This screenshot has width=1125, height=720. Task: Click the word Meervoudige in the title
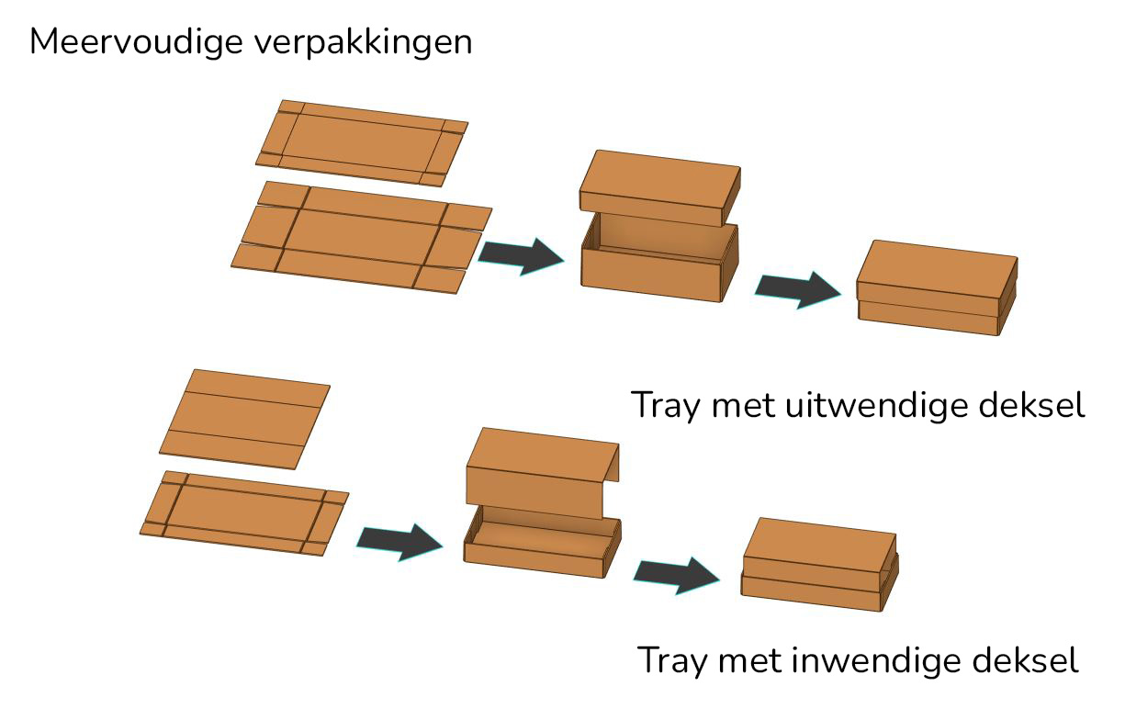(137, 42)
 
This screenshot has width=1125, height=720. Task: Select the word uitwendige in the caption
(876, 405)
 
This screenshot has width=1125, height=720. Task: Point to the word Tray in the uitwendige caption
(666, 406)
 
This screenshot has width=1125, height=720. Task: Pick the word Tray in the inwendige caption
(672, 660)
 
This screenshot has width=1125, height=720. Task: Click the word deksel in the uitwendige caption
(1031, 404)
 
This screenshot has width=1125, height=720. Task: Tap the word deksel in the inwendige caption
(1026, 658)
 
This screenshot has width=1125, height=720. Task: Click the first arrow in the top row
(521, 256)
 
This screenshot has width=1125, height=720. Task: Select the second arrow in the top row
(797, 289)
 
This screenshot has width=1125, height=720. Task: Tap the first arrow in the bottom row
(399, 542)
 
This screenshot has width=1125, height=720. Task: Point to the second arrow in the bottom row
(676, 576)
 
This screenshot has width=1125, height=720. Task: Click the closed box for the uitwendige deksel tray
(937, 287)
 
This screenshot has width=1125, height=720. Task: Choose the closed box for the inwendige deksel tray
(819, 565)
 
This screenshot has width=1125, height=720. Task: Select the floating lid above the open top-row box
(660, 187)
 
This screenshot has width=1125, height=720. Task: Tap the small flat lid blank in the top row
(362, 143)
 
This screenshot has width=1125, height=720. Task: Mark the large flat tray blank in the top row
(362, 238)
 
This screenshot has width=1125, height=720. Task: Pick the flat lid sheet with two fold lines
(244, 420)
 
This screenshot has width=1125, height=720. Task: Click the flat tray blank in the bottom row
(244, 513)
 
